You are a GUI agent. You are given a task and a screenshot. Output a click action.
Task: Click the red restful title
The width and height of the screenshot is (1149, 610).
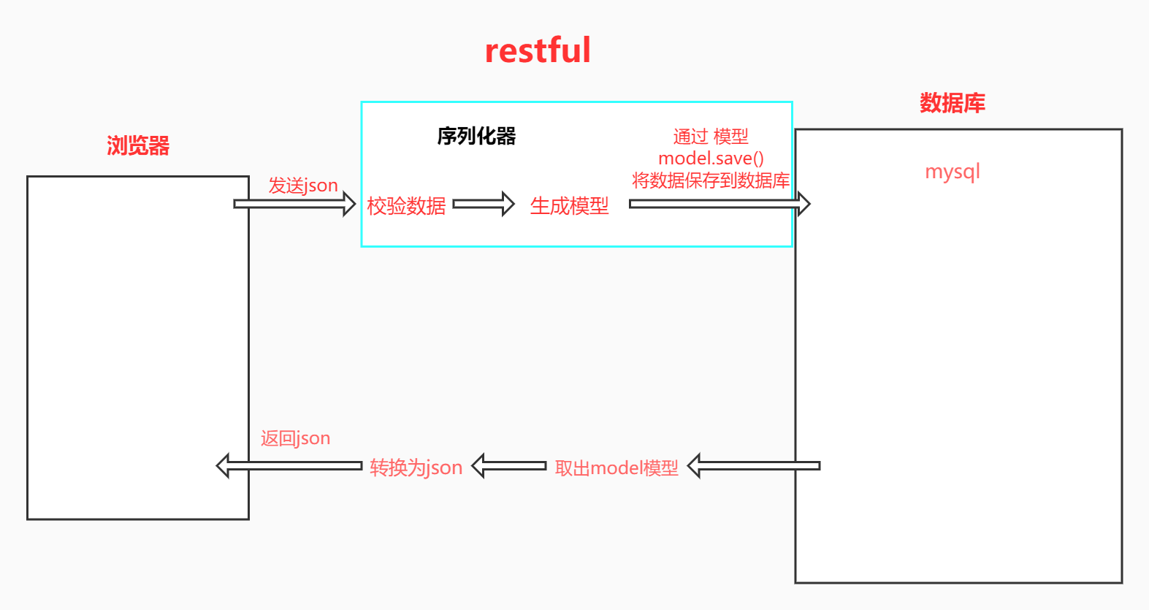pyautogui.click(x=538, y=50)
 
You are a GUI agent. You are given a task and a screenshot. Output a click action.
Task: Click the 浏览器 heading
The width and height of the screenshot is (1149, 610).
pyautogui.click(x=138, y=145)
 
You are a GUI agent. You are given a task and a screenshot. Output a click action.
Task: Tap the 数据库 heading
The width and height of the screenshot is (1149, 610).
pyautogui.click(x=952, y=103)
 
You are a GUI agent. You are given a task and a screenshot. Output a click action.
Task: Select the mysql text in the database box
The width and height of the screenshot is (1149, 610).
pyautogui.click(x=952, y=172)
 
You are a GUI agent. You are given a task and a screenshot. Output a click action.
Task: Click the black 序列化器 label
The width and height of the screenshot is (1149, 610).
pyautogui.click(x=476, y=136)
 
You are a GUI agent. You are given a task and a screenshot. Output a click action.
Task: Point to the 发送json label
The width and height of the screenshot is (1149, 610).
pyautogui.click(x=302, y=186)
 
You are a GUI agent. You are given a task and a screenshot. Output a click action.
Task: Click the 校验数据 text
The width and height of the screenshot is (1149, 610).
pyautogui.click(x=406, y=206)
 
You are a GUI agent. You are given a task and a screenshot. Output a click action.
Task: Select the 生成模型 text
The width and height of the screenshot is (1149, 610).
pyautogui.click(x=569, y=206)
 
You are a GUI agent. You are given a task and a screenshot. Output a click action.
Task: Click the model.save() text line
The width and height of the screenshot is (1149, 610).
pyautogui.click(x=711, y=159)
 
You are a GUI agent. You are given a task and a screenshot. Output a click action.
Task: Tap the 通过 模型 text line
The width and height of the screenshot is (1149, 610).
pyautogui.click(x=711, y=137)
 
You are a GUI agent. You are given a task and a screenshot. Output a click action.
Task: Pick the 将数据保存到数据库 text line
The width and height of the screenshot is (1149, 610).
pyautogui.click(x=711, y=180)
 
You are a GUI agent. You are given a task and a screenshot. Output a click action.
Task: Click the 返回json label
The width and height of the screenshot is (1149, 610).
pyautogui.click(x=295, y=438)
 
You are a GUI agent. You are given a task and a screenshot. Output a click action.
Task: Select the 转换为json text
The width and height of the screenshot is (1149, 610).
pyautogui.click(x=416, y=468)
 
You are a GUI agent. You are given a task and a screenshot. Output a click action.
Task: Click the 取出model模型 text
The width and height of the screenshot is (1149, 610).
pyautogui.click(x=617, y=468)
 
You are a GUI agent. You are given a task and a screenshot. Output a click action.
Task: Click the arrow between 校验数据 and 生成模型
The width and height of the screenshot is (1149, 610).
pyautogui.click(x=484, y=204)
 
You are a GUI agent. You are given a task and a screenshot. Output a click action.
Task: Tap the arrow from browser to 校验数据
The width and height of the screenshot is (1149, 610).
pyautogui.click(x=294, y=204)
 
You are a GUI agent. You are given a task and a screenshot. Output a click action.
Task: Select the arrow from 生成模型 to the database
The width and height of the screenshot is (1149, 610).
pyautogui.click(x=719, y=204)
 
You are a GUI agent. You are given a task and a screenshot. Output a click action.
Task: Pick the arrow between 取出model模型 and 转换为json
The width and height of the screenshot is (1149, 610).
pyautogui.click(x=509, y=465)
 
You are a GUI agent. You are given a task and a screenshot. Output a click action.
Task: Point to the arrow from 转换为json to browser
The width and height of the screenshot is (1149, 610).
pyautogui.click(x=289, y=465)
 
